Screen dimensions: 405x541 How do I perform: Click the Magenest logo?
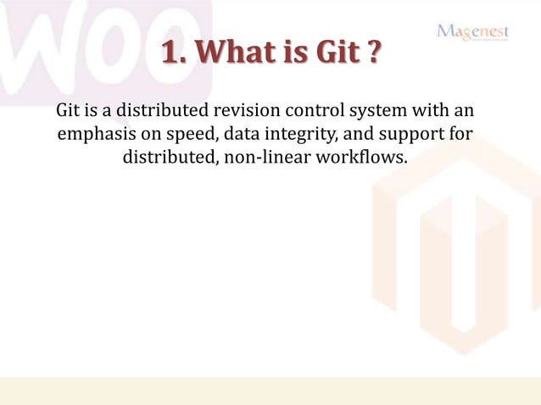pos(472,31)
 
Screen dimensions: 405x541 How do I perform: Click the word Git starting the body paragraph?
pos(68,111)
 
